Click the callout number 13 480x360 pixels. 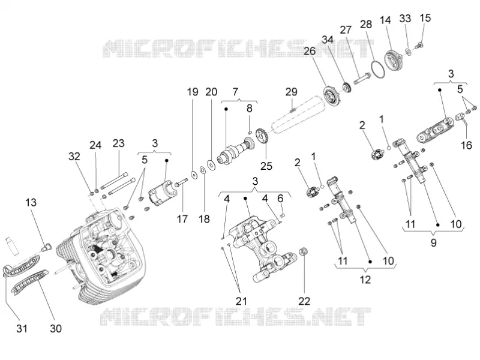point(31,202)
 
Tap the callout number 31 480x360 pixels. point(22,328)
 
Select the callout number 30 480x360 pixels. point(56,328)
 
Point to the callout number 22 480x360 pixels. point(304,301)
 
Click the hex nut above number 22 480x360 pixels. point(303,251)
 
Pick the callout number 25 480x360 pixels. point(266,166)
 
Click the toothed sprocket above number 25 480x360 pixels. point(262,137)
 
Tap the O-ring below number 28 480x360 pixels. point(377,62)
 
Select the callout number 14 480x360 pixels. point(385,20)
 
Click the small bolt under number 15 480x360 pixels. point(419,46)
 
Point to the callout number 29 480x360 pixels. point(292,92)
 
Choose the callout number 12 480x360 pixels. point(365,280)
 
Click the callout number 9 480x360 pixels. point(433,243)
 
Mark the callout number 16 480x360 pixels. point(466,145)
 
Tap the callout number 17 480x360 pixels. point(182,219)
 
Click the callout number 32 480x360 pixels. point(74,157)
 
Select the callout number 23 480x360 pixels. point(118,143)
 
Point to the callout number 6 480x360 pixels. point(280,199)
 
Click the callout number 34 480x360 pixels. point(327,40)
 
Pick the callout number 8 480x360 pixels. point(250,109)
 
